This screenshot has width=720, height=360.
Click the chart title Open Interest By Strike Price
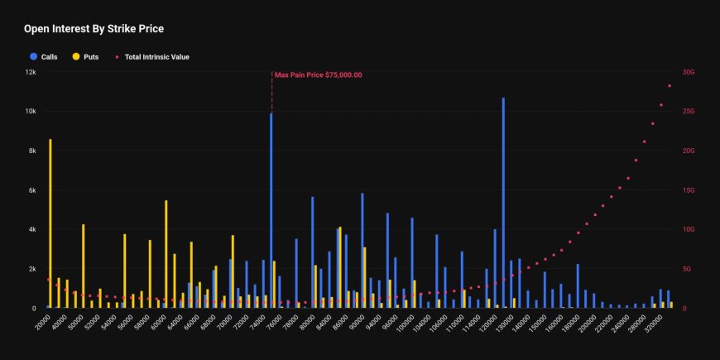[x=94, y=29]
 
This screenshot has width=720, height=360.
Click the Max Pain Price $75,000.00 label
[x=319, y=75]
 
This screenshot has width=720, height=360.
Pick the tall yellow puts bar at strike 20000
[x=50, y=223]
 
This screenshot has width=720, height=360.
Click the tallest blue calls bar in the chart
[x=503, y=203]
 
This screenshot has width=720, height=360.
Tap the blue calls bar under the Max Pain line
[x=271, y=211]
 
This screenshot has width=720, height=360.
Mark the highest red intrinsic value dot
[x=670, y=86]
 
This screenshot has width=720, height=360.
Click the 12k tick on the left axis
[x=31, y=72]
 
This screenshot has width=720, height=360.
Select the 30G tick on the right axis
[x=688, y=72]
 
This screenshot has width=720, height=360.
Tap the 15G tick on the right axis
[x=688, y=190]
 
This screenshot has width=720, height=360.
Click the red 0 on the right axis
[x=683, y=308]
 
